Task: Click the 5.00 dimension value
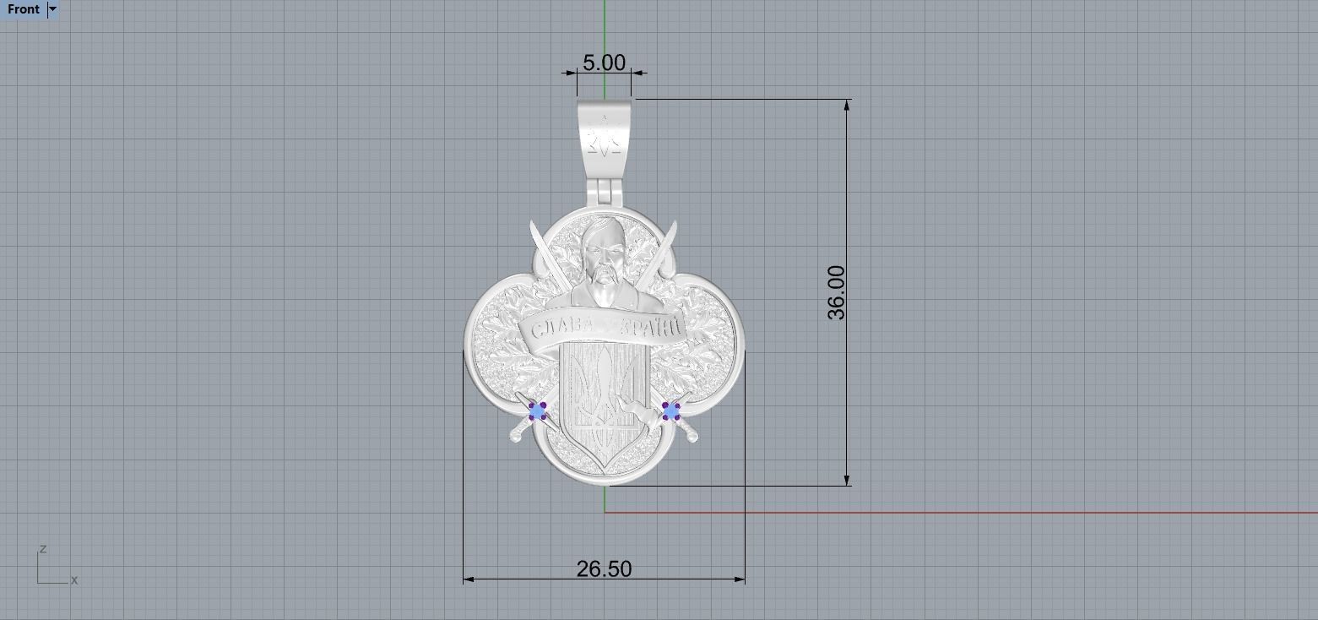click(x=604, y=63)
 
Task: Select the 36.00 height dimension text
click(x=836, y=292)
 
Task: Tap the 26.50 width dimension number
click(x=604, y=569)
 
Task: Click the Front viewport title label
click(x=23, y=9)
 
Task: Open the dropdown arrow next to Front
click(x=52, y=9)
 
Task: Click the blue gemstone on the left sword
click(x=538, y=411)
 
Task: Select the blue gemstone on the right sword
click(x=671, y=411)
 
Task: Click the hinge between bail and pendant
click(x=605, y=192)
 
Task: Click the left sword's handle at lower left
click(x=517, y=434)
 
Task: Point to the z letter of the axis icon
click(x=42, y=549)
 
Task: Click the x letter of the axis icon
click(x=74, y=580)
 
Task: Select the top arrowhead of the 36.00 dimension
click(x=847, y=103)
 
